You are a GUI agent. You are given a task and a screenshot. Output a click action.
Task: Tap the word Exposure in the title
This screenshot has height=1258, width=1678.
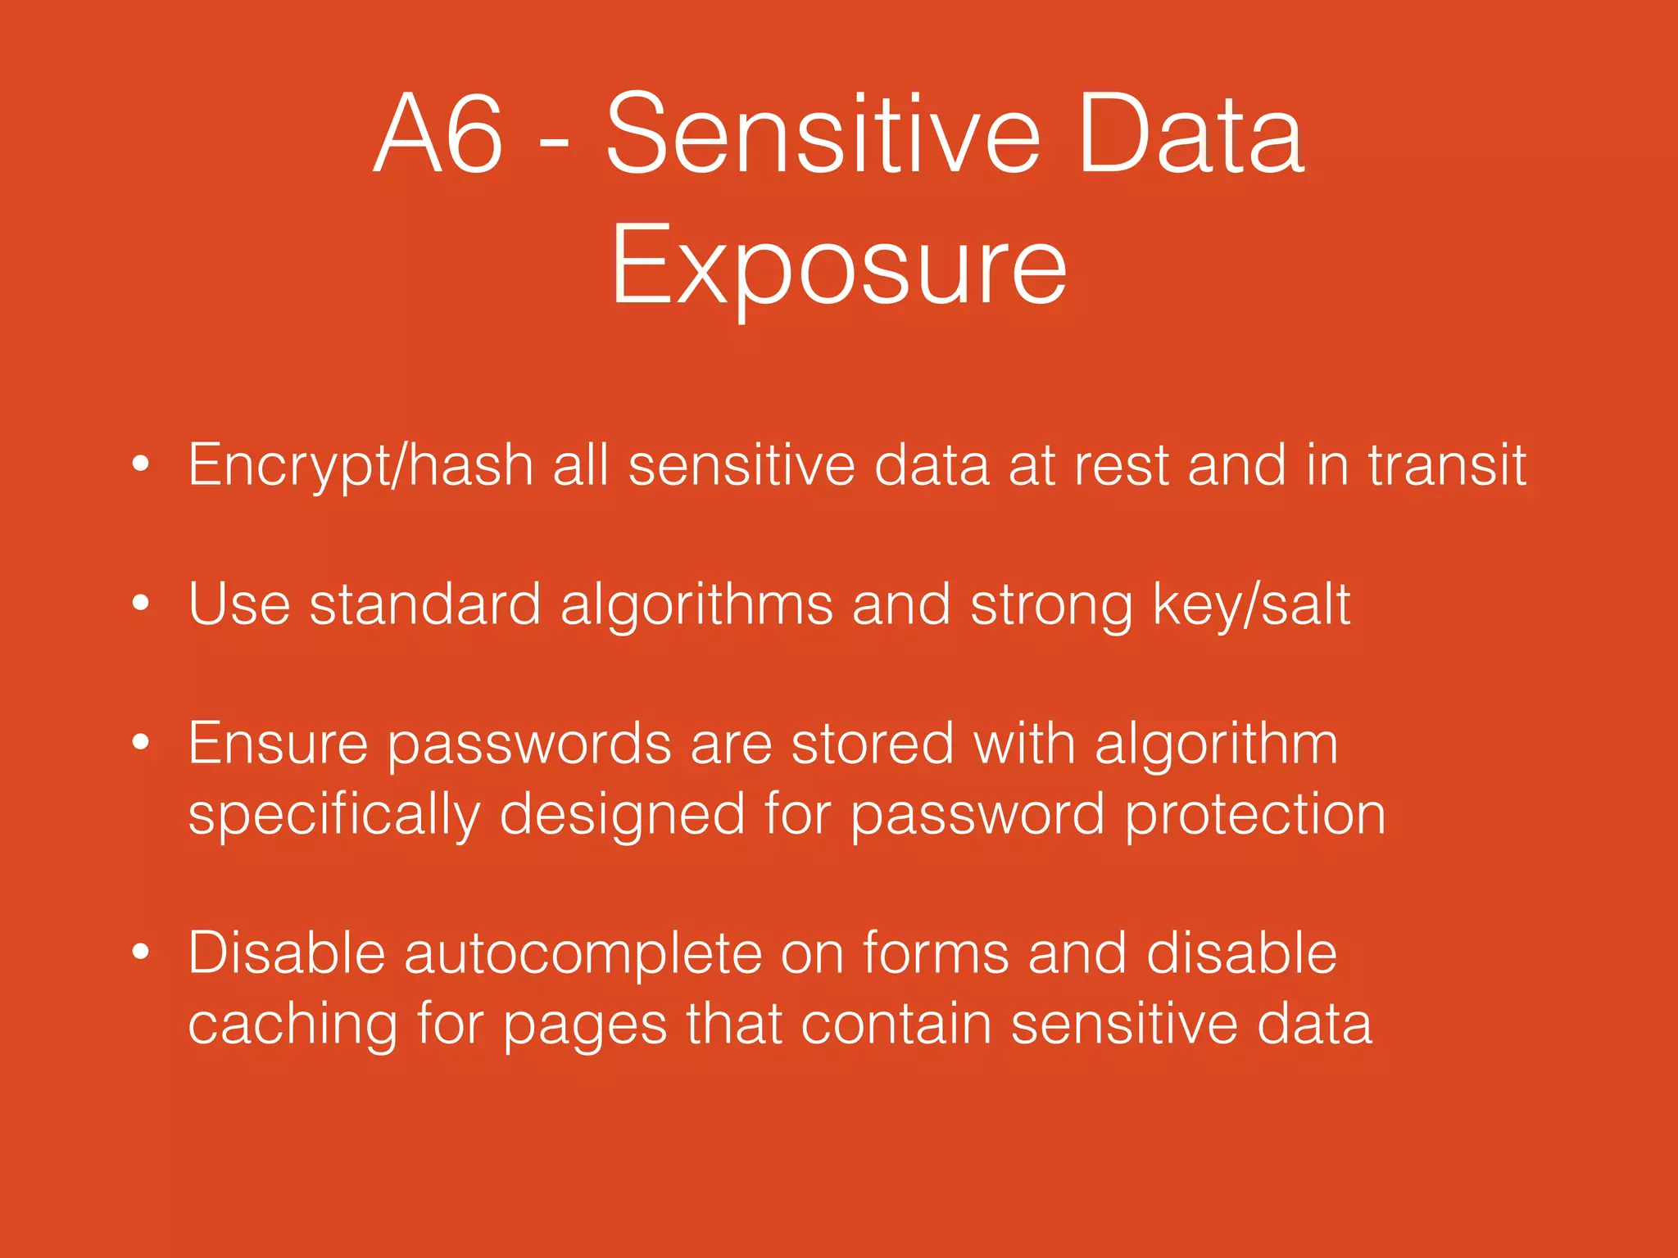tap(838, 266)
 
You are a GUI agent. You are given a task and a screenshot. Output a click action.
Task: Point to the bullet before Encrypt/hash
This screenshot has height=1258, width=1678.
tap(141, 464)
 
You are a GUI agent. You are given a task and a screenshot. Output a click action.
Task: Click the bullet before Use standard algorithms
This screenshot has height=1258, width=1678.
tap(141, 604)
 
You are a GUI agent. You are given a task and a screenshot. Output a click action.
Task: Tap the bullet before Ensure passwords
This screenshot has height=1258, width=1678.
tap(141, 743)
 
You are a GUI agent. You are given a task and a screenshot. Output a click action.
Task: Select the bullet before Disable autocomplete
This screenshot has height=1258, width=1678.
tap(141, 952)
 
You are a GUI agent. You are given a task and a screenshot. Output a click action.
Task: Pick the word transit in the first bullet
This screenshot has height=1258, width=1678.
tap(1446, 465)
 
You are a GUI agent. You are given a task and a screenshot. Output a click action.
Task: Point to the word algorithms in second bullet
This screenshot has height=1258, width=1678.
tap(696, 606)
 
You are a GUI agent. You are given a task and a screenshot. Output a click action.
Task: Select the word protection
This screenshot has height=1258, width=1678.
tap(1254, 816)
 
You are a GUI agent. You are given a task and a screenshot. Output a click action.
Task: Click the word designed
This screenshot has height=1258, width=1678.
tap(622, 816)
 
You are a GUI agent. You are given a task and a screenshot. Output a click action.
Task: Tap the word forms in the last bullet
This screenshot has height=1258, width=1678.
tap(935, 953)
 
